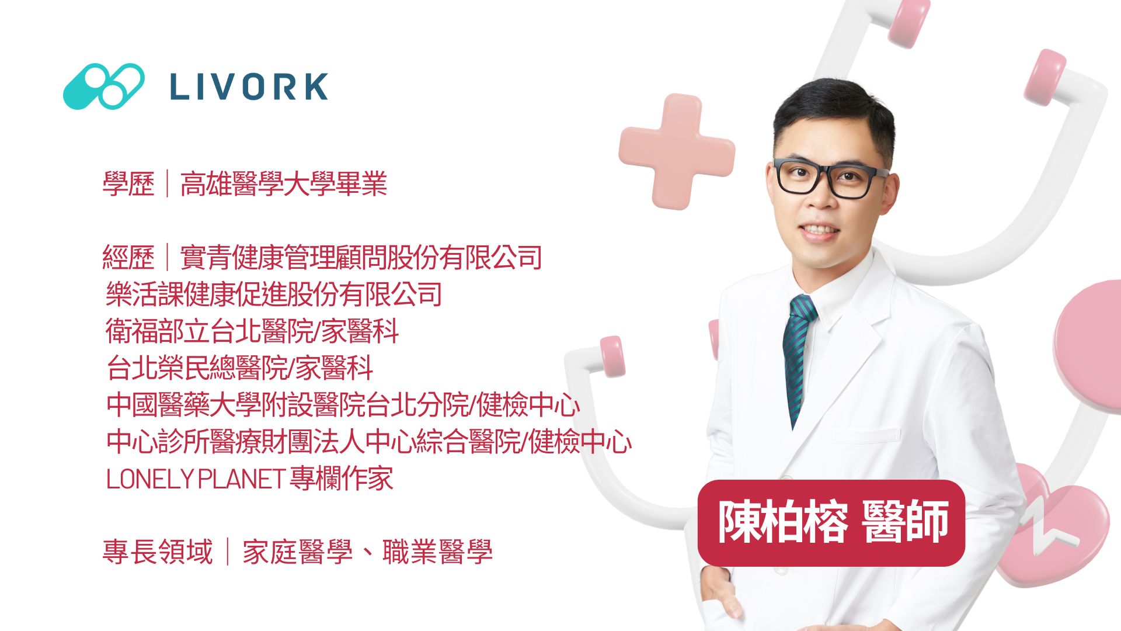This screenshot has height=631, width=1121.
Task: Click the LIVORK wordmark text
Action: coord(249,86)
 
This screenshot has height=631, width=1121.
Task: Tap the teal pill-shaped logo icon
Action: coord(104,86)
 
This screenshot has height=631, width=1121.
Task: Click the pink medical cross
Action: coord(677,151)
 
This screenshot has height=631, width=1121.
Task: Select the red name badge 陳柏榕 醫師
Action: coord(831,522)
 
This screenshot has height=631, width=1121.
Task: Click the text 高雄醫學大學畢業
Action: coord(284,183)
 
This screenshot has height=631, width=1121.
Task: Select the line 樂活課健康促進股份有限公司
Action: coord(274,294)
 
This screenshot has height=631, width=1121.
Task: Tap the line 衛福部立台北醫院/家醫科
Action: coord(252,331)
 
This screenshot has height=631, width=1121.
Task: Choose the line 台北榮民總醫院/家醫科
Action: coord(239,367)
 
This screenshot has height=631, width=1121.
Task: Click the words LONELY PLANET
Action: coord(196,479)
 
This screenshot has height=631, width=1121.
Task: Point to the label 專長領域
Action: coord(158,552)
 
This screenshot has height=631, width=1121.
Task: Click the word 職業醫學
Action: coord(437,552)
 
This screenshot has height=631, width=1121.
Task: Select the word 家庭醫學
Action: coord(298,552)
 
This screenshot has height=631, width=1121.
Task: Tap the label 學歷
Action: coord(128,183)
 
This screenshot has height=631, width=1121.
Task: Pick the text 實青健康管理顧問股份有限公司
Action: coord(361,257)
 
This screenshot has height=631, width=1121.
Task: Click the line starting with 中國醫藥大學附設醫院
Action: coord(343,404)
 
